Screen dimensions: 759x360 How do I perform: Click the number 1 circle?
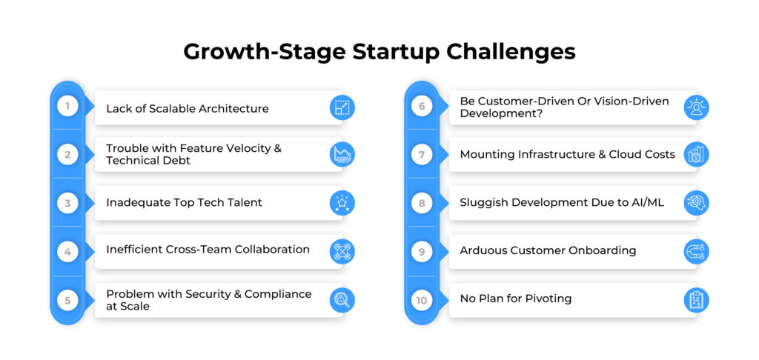coord(67,106)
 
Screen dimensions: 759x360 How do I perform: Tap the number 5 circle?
coord(67,301)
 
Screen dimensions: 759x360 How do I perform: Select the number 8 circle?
coord(422,203)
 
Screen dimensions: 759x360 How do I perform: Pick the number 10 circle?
coord(422,301)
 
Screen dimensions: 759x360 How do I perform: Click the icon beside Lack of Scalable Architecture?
coord(342,107)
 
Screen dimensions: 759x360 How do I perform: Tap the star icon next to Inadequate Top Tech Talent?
coord(342,203)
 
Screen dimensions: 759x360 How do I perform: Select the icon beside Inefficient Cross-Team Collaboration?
coord(342,251)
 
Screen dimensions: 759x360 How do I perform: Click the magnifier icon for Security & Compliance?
coord(342,300)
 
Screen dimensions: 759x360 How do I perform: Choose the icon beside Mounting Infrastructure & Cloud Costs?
coord(696,154)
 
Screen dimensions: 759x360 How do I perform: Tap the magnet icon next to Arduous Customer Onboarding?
coord(696,251)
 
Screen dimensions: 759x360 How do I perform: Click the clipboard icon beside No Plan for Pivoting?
coord(696,300)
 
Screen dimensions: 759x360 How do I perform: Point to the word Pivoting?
coord(548,299)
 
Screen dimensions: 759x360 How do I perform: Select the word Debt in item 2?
coord(176,161)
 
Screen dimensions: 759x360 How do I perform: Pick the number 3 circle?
coord(67,203)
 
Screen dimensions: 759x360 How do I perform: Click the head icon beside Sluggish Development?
coord(696,203)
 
